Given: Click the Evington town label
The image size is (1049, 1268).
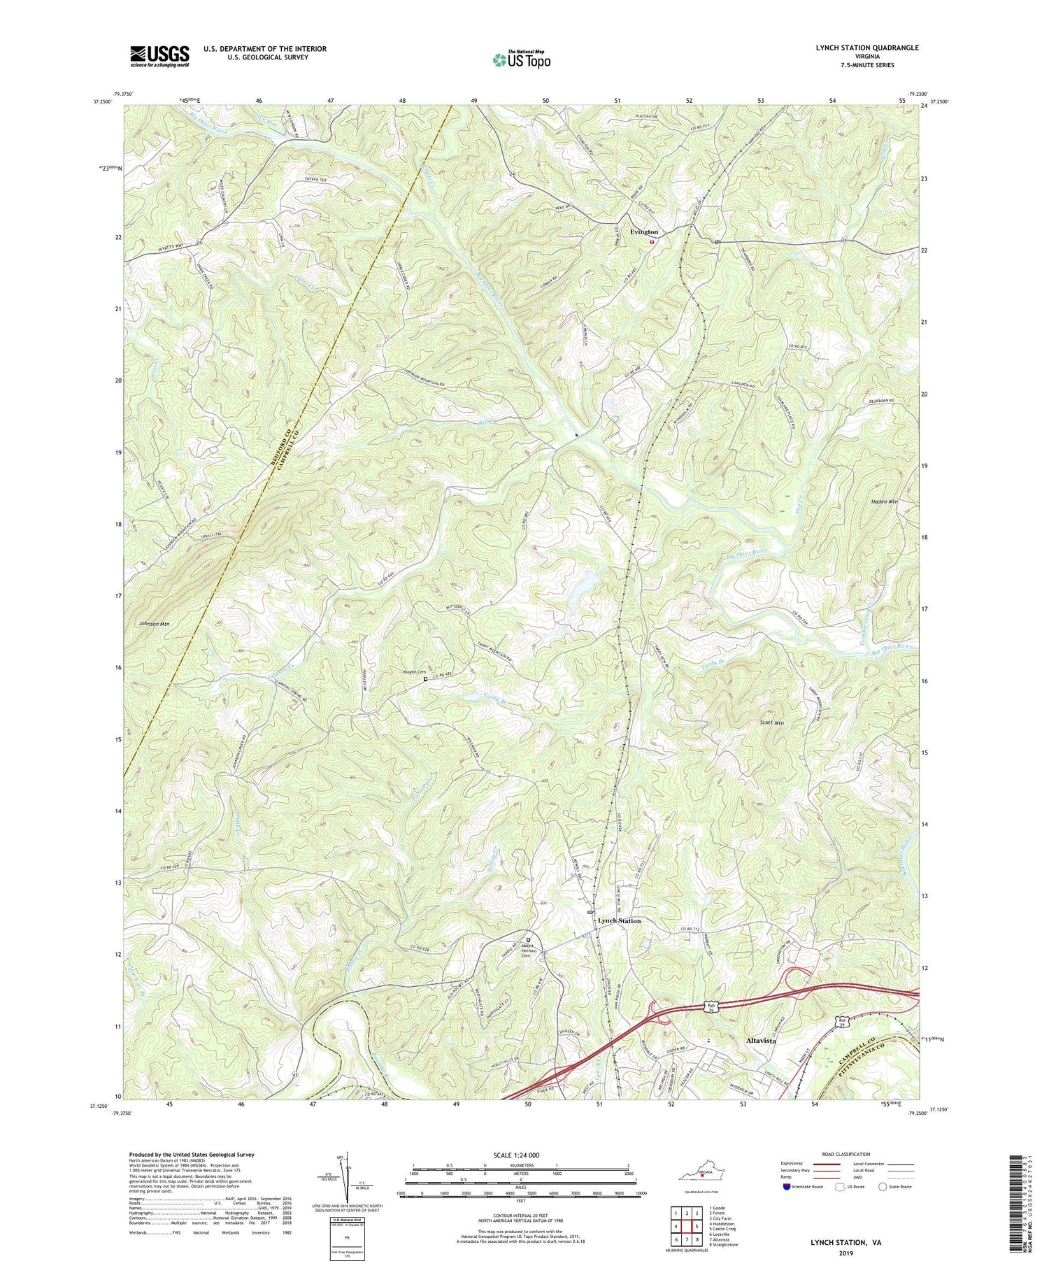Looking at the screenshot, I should [x=643, y=231].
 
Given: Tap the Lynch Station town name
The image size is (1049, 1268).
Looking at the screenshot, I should [x=619, y=921].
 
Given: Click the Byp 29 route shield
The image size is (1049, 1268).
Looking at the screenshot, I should [x=711, y=1007].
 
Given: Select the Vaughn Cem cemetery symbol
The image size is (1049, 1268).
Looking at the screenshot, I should [x=425, y=678].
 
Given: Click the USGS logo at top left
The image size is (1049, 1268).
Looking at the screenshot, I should [x=159, y=56].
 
